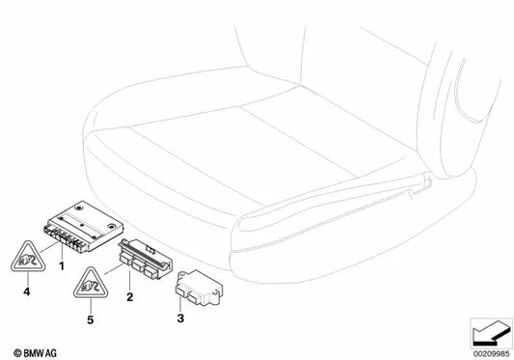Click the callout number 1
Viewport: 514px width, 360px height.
62,265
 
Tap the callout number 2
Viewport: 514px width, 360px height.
130,297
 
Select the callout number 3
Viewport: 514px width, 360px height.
180,318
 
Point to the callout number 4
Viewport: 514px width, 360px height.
27,291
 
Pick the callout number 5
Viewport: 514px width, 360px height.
90,319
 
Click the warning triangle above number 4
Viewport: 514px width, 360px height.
28,257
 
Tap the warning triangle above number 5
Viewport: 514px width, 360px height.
91,283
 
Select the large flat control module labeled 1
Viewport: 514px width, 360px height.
83,227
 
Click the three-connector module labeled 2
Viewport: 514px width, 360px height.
146,260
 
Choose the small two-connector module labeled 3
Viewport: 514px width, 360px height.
198,289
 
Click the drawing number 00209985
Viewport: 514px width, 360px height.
491,354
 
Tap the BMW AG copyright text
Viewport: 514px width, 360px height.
35,353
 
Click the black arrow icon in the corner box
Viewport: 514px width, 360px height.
491,333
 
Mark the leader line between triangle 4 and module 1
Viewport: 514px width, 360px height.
49,247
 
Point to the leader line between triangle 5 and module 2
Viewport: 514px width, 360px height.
114,269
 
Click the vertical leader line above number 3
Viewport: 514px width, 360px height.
180,302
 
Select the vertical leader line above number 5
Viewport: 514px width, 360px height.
91,306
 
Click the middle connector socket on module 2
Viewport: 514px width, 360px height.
138,265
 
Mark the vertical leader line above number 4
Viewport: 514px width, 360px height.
28,279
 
